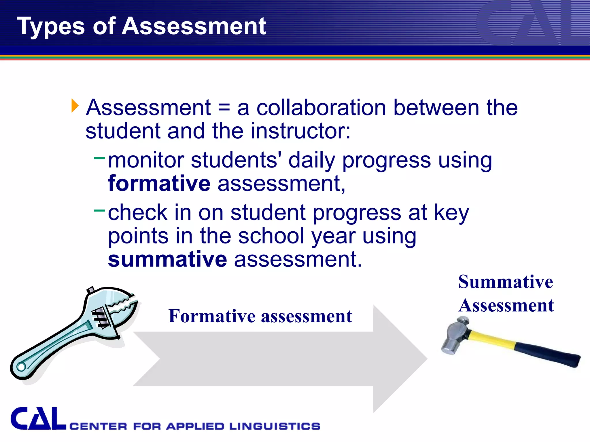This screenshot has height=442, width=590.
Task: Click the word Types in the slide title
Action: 51,26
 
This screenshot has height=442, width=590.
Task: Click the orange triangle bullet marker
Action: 75,106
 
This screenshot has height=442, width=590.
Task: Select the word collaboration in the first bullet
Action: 321,108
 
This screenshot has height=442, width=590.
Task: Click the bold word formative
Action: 159,183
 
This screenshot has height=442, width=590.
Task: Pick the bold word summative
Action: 167,259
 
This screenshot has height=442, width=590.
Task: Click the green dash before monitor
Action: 99,158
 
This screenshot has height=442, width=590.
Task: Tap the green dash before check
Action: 99,210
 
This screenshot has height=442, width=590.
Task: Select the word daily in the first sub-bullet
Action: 312,160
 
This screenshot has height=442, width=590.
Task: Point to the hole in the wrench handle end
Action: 21,367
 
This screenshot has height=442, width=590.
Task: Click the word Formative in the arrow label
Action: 212,316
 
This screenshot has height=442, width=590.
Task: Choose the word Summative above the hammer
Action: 506,282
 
